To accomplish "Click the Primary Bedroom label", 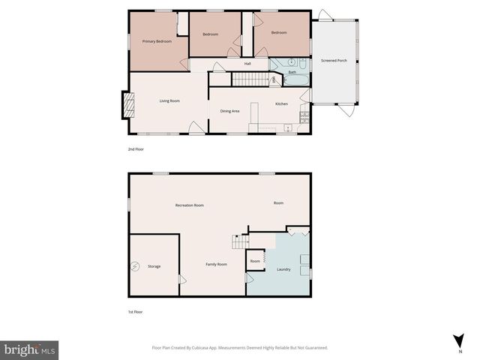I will point(157,41).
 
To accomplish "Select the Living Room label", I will point(169,100).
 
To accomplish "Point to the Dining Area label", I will point(229,111).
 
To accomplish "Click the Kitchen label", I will point(281,103).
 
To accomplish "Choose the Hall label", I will point(247,63).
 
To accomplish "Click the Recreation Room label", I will point(189,205).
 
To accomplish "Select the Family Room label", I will point(217,264).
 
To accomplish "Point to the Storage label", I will point(154,266).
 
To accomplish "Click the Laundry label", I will point(283,269).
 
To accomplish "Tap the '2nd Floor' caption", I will point(136,149).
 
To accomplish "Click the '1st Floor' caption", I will point(136,310).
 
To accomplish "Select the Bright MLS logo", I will point(30,349).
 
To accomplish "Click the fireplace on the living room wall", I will point(126,105).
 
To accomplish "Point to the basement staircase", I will point(239,242).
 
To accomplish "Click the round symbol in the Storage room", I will point(136,265).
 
